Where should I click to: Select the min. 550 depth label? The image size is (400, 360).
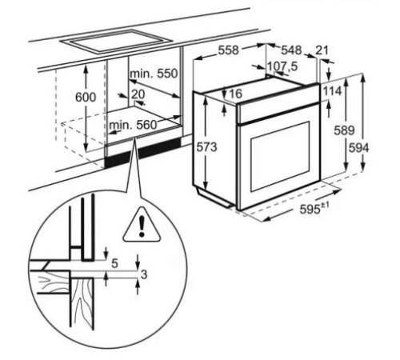tap(155, 74)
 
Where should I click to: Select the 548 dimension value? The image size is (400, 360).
tap(290, 50)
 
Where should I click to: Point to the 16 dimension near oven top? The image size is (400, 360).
tap(234, 94)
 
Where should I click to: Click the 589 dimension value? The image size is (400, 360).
tap(343, 130)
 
